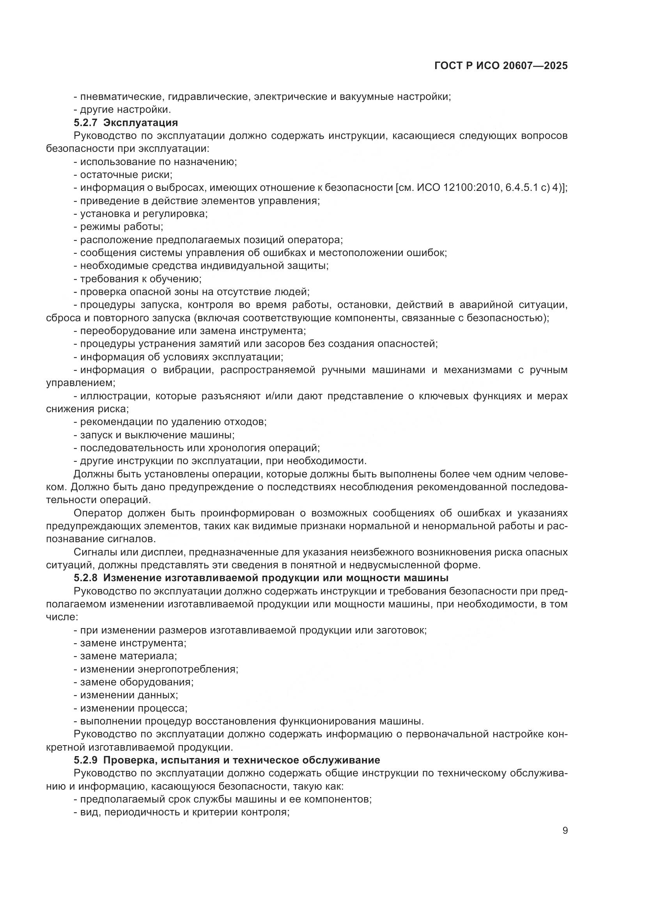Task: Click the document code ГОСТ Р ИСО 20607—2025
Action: pyautogui.click(x=501, y=66)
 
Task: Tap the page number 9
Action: pyautogui.click(x=565, y=830)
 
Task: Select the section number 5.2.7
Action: pyautogui.click(x=85, y=123)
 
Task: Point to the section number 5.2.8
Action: pyautogui.click(x=85, y=577)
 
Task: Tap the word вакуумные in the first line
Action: pyautogui.click(x=368, y=96)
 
